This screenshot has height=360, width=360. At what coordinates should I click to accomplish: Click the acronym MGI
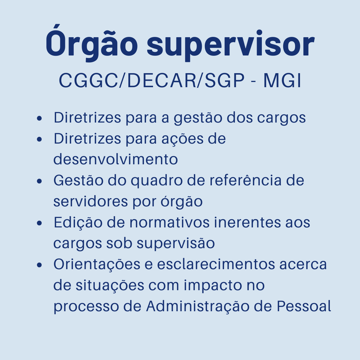(x=282, y=81)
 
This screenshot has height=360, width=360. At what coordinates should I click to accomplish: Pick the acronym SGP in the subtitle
(x=225, y=81)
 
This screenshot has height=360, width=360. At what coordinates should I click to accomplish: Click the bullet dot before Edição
(x=39, y=223)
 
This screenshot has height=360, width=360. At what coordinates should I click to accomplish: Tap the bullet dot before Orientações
(x=39, y=265)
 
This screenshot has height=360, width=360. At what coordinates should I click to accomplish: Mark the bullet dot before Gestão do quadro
(x=39, y=181)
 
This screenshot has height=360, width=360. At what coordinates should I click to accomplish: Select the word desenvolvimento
(x=116, y=159)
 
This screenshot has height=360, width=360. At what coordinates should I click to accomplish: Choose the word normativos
(x=169, y=222)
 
